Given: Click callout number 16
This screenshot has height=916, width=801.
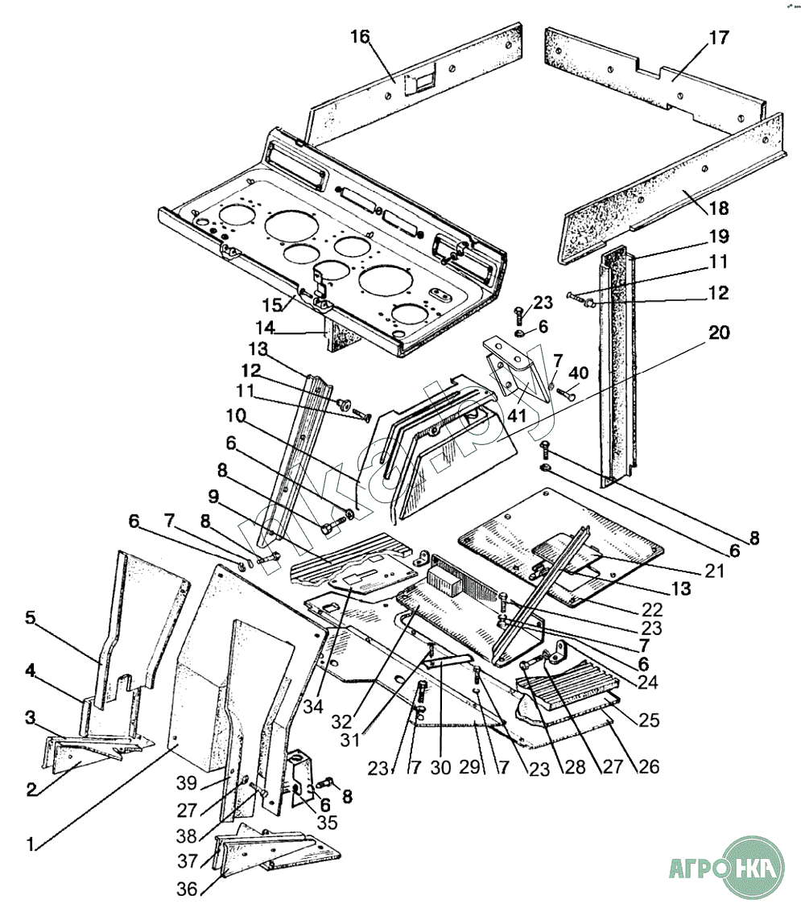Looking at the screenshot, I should pos(359,37).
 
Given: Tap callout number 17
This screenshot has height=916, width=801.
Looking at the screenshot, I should pos(718,37).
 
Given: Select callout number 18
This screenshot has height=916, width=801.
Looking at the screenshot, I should pos(718,208).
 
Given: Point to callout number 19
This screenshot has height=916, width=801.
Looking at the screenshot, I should pos(718,237).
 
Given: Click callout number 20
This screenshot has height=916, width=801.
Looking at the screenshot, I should pos(718,332).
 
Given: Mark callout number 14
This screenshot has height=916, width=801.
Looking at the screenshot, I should pos(266,328).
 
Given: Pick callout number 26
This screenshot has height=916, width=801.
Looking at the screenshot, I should pos(648,766).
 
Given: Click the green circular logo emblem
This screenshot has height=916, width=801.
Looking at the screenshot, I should pos(754,868).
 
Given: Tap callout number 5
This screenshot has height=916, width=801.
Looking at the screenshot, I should pos(30,618).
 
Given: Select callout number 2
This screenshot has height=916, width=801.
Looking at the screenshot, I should pos(30,788).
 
